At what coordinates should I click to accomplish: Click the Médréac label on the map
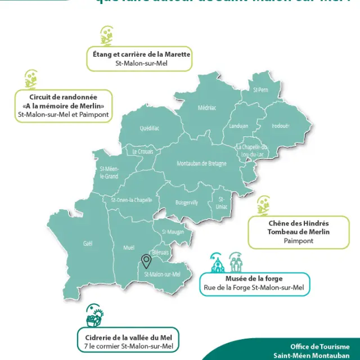pyautogui.click(x=207, y=108)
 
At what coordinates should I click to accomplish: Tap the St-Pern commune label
pyautogui.click(x=260, y=90)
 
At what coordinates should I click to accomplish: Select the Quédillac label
pyautogui.click(x=150, y=128)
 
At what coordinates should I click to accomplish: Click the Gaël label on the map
pyautogui.click(x=87, y=243)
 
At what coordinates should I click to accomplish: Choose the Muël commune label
pyautogui.click(x=129, y=247)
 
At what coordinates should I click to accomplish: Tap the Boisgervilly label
pyautogui.click(x=186, y=202)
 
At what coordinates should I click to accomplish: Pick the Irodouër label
pyautogui.click(x=280, y=126)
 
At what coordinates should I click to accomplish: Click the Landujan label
pyautogui.click(x=239, y=126)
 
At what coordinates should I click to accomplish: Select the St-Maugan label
pyautogui.click(x=172, y=232)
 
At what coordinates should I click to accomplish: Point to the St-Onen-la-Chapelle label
pyautogui.click(x=132, y=200)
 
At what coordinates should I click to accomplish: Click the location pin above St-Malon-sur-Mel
pyautogui.click(x=146, y=261)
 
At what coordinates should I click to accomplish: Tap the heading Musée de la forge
pyautogui.click(x=254, y=279)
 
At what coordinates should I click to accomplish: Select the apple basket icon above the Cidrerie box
pyautogui.click(x=93, y=318)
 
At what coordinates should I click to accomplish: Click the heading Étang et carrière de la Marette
pyautogui.click(x=142, y=55)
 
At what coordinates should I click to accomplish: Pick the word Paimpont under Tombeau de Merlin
pyautogui.click(x=299, y=241)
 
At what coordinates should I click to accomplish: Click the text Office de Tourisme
pyautogui.click(x=319, y=347)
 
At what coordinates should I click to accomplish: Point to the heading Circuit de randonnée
pyautogui.click(x=64, y=97)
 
